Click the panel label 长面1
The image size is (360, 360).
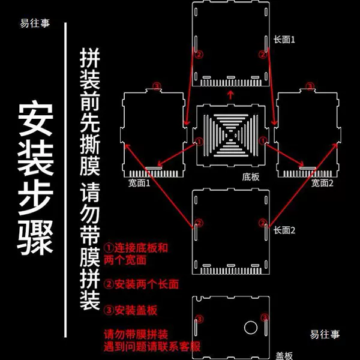pyautogui.click(x=284, y=40)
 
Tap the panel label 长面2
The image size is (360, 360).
pyautogui.click(x=284, y=230)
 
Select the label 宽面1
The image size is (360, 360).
pyautogui.click(x=139, y=183)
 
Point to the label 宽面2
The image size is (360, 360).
pyautogui.click(x=322, y=183)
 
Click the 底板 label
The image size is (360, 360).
pyautogui.click(x=251, y=177)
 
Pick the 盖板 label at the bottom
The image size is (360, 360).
pyautogui.click(x=284, y=356)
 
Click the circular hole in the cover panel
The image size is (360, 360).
pyautogui.click(x=251, y=328)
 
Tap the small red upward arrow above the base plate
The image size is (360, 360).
pyautogui.click(x=230, y=95)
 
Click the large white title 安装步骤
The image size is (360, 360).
pyautogui.click(x=35, y=179)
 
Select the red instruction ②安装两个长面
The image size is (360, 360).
pyautogui.click(x=141, y=284)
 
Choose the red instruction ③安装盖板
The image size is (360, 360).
pyautogui.click(x=130, y=310)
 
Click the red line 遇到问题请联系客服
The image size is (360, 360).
pyautogui.click(x=152, y=347)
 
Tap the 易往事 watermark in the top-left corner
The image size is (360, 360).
pyautogui.click(x=35, y=23)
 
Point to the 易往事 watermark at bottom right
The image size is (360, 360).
pyautogui.click(x=325, y=334)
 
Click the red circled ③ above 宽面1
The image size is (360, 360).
pyautogui.click(x=157, y=86)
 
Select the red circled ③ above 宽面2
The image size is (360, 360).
pyautogui.click(x=310, y=86)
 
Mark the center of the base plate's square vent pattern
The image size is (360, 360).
pyautogui.click(x=230, y=136)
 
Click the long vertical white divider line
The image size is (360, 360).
pyautogui.click(x=65, y=180)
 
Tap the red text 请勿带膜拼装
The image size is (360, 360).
pyautogui.click(x=136, y=334)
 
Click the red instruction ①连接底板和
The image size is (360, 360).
pyautogui.click(x=136, y=248)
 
